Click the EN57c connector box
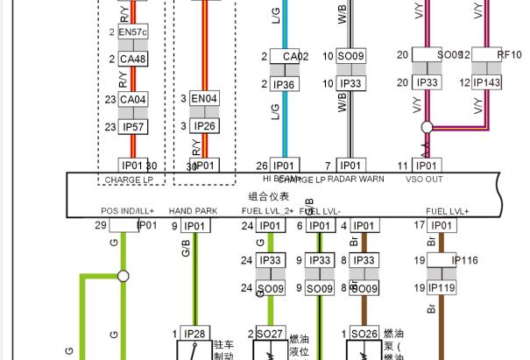click(x=133, y=32)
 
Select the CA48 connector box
click(x=133, y=59)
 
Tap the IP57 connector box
click(x=133, y=127)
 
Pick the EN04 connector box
click(x=204, y=100)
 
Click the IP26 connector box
click(x=204, y=127)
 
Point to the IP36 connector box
click(x=284, y=84)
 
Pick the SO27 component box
click(x=269, y=334)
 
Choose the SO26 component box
click(x=363, y=334)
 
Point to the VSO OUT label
click(x=425, y=180)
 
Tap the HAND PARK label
click(x=193, y=211)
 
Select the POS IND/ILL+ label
click(x=127, y=211)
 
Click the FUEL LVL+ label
click(x=447, y=211)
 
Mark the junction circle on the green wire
click(x=124, y=276)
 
